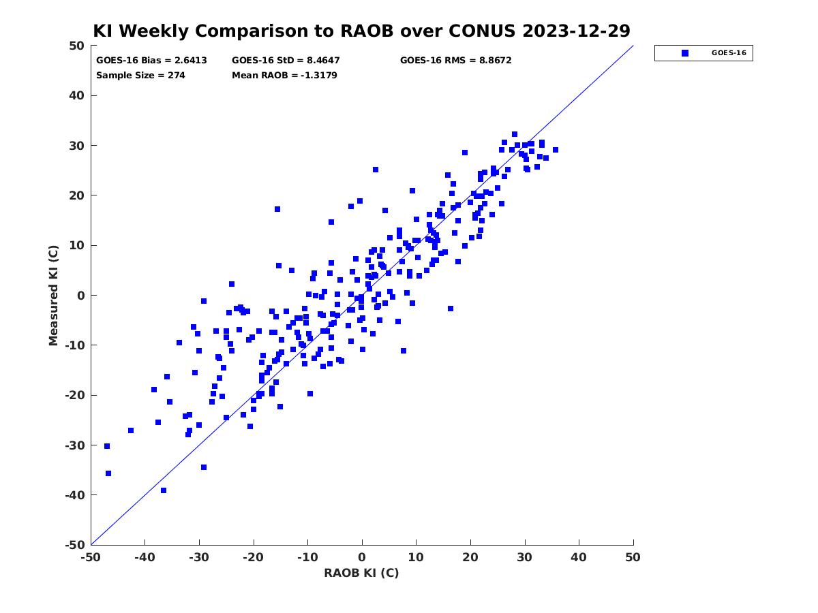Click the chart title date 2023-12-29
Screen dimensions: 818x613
pos(576,31)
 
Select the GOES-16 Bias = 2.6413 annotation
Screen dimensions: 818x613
pos(151,61)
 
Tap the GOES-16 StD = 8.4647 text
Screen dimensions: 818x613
pos(286,61)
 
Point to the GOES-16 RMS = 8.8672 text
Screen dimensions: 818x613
pos(455,61)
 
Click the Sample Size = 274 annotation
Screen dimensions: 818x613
pos(140,76)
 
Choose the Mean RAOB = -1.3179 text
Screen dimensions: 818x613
pos(284,76)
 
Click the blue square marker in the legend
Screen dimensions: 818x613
pos(685,53)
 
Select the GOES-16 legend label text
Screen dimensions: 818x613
pos(729,53)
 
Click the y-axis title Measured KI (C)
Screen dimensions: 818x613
pos(53,295)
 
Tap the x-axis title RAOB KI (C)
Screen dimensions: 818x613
pos(361,573)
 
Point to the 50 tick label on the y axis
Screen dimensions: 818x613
pos(76,46)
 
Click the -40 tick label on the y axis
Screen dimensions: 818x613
pos(75,495)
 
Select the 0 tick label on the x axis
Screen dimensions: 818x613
pos(362,557)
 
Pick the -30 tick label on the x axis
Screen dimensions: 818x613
pos(198,557)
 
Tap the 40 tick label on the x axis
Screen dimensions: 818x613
pos(579,557)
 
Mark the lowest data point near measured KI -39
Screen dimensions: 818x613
pos(163,490)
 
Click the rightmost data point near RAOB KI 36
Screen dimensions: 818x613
pos(556,150)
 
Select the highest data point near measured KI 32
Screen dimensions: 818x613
pos(514,134)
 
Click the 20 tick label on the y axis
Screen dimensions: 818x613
pos(76,195)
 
